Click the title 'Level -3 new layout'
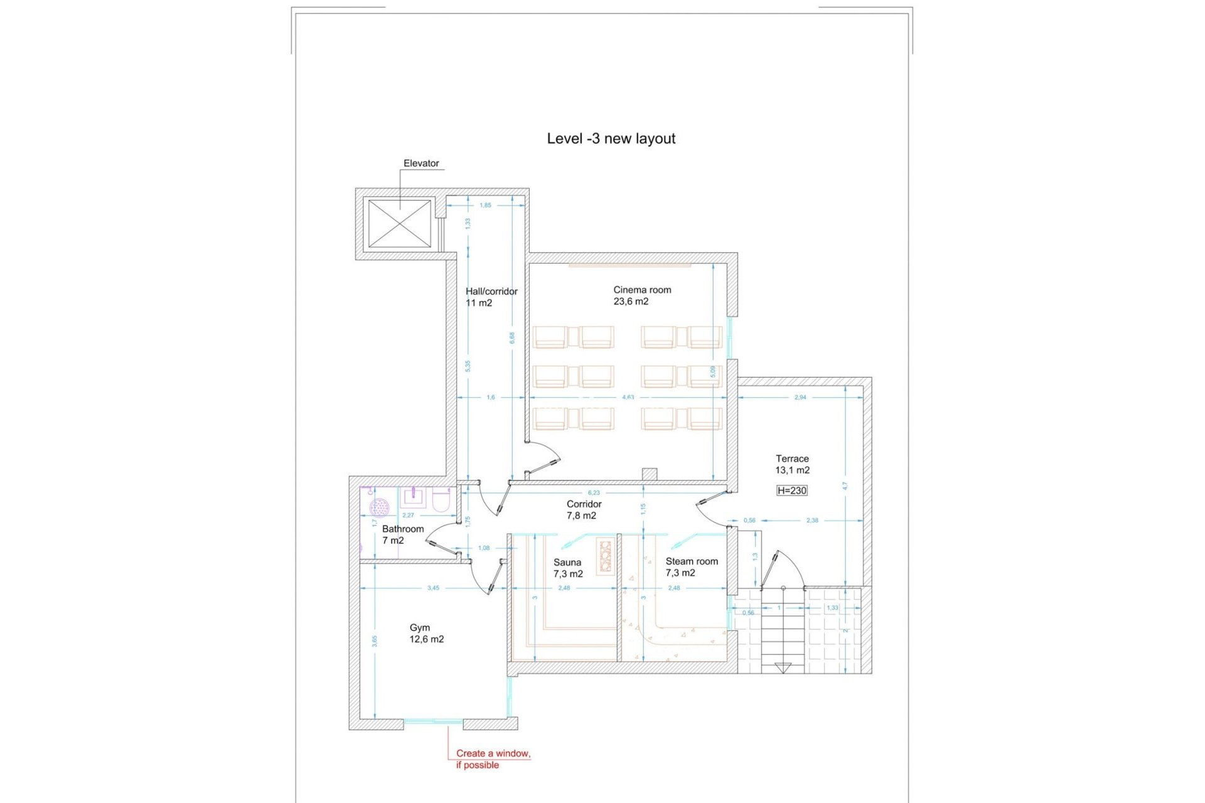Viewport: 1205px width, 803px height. [x=611, y=139]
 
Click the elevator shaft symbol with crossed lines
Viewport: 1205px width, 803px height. [x=399, y=223]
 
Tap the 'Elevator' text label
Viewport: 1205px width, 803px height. [x=421, y=163]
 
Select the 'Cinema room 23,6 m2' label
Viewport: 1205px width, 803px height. [x=641, y=295]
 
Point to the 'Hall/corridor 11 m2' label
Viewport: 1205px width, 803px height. [x=491, y=297]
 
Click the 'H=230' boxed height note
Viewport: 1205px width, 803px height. [x=791, y=491]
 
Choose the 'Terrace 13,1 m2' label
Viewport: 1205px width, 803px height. [x=792, y=464]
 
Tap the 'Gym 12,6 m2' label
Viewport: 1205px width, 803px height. [x=426, y=633]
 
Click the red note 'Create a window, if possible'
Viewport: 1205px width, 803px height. [x=493, y=758]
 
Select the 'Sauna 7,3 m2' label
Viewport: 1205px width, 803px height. [x=567, y=568]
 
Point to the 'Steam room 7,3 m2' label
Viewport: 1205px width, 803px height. [x=691, y=567]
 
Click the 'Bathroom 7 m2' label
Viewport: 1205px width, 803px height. [x=402, y=534]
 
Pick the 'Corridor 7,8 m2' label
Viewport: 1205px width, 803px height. [x=584, y=509]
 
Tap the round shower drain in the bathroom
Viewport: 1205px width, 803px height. [x=380, y=507]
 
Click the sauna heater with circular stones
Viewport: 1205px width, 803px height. [x=605, y=556]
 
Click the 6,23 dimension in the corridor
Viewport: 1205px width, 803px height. [x=593, y=492]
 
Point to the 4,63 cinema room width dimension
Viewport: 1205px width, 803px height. [x=628, y=397]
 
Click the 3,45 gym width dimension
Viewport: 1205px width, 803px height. [x=433, y=588]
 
